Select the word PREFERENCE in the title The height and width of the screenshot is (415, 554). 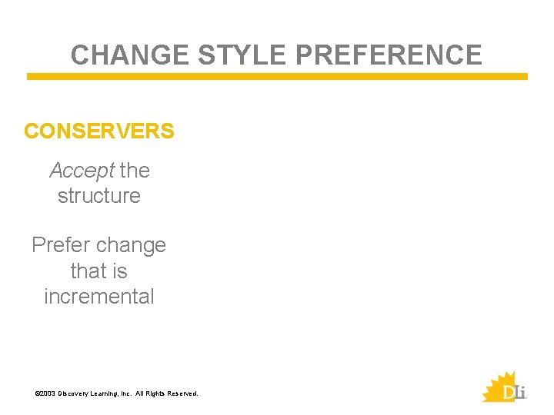(389, 55)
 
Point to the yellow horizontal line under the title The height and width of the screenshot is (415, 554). (277, 77)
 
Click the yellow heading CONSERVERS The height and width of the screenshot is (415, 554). (99, 131)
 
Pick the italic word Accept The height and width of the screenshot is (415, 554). (82, 170)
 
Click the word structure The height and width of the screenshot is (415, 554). (99, 195)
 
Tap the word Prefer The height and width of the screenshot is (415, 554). (58, 245)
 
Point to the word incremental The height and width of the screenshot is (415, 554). (99, 296)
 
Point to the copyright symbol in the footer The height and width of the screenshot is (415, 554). (37, 393)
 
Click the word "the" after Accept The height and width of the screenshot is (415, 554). (135, 170)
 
